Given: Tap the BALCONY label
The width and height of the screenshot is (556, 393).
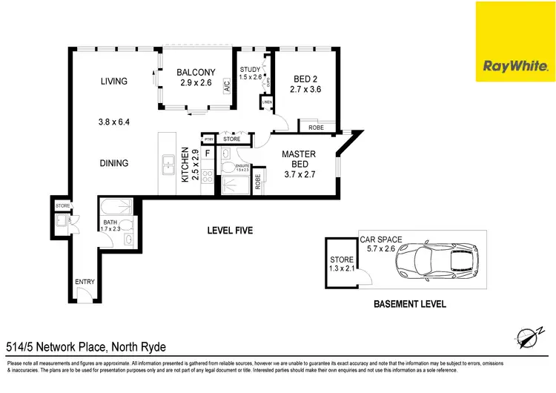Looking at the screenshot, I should pyautogui.click(x=196, y=73).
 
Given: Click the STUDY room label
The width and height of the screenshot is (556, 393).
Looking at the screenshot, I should pyautogui.click(x=251, y=70).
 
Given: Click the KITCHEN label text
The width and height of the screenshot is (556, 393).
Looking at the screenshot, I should pyautogui.click(x=185, y=166).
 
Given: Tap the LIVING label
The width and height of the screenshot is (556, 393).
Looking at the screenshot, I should pyautogui.click(x=114, y=82).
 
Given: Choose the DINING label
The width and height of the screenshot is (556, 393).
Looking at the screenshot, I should pyautogui.click(x=114, y=163).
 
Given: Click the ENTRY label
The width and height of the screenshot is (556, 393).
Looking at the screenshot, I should pyautogui.click(x=85, y=282).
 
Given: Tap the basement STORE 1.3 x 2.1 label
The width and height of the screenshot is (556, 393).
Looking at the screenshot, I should pyautogui.click(x=341, y=263).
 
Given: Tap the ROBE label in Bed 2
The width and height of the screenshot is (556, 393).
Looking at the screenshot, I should pyautogui.click(x=315, y=128).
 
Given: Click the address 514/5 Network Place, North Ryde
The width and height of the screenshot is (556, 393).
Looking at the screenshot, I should pyautogui.click(x=85, y=346).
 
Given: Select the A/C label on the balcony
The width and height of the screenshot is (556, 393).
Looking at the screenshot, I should pyautogui.click(x=228, y=86).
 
